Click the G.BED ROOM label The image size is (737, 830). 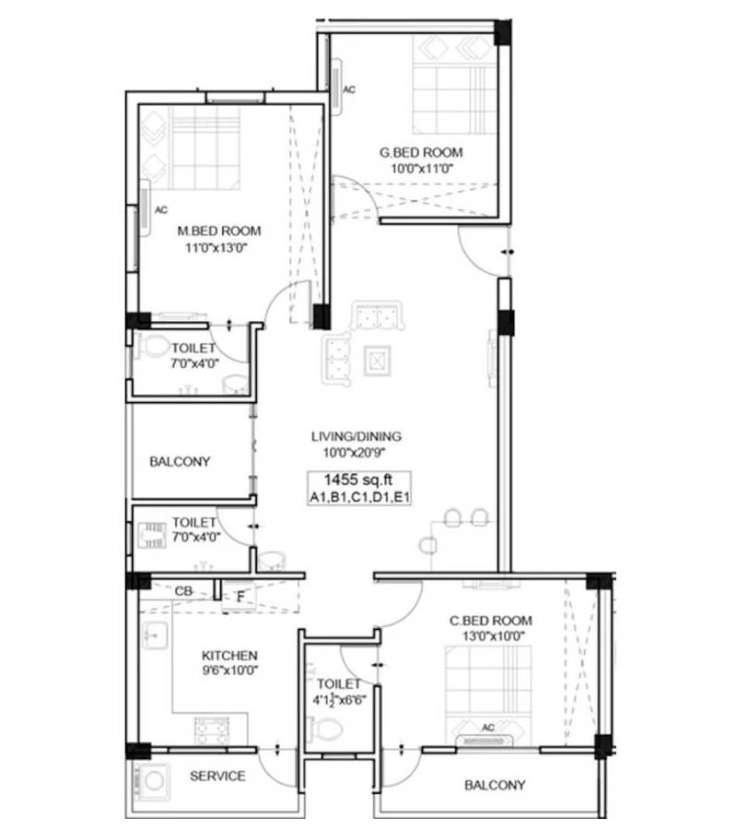pos(422,152)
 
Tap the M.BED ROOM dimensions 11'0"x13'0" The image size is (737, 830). pos(218,247)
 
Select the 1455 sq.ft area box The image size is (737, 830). pos(359,487)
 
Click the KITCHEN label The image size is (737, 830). pos(229,655)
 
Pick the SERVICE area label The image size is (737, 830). pos(217,776)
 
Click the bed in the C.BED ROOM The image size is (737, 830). pos(488,687)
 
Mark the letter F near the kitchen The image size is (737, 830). pos(240,596)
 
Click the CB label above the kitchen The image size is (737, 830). pos(182,589)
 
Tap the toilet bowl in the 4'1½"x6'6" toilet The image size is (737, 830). pos(325,729)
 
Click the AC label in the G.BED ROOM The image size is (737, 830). pos(349,90)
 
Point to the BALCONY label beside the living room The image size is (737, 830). pos(180,461)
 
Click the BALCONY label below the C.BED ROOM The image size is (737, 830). pos(495,785)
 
